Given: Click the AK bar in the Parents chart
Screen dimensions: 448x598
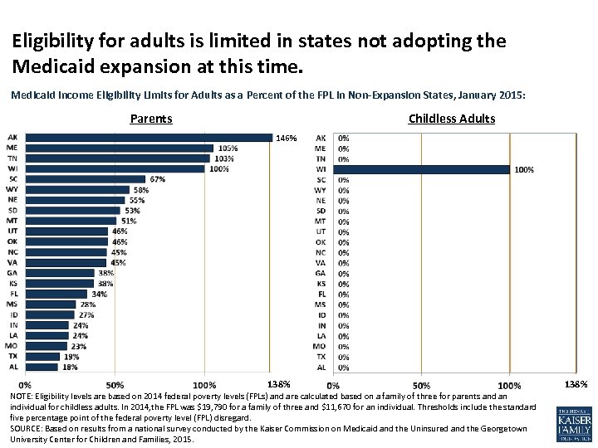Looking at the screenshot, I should [x=149, y=138].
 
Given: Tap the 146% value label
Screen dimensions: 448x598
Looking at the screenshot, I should [x=287, y=138].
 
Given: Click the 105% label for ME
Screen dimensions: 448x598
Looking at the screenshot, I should [x=228, y=149].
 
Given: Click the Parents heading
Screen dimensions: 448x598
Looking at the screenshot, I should [x=151, y=119].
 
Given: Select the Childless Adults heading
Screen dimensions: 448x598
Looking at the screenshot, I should [x=452, y=119].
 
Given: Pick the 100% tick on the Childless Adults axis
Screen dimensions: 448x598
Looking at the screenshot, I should [x=509, y=385].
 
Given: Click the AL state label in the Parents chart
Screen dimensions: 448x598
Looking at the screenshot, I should [x=12, y=367].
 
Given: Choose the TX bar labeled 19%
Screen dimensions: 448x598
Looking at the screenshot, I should [x=42, y=357].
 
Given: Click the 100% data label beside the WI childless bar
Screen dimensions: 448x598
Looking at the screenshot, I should [x=525, y=169].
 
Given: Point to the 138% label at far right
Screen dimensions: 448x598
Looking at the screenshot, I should [x=576, y=384].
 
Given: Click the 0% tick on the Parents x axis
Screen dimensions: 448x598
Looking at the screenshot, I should [x=26, y=385].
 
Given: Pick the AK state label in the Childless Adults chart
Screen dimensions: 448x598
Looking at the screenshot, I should [x=321, y=138].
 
